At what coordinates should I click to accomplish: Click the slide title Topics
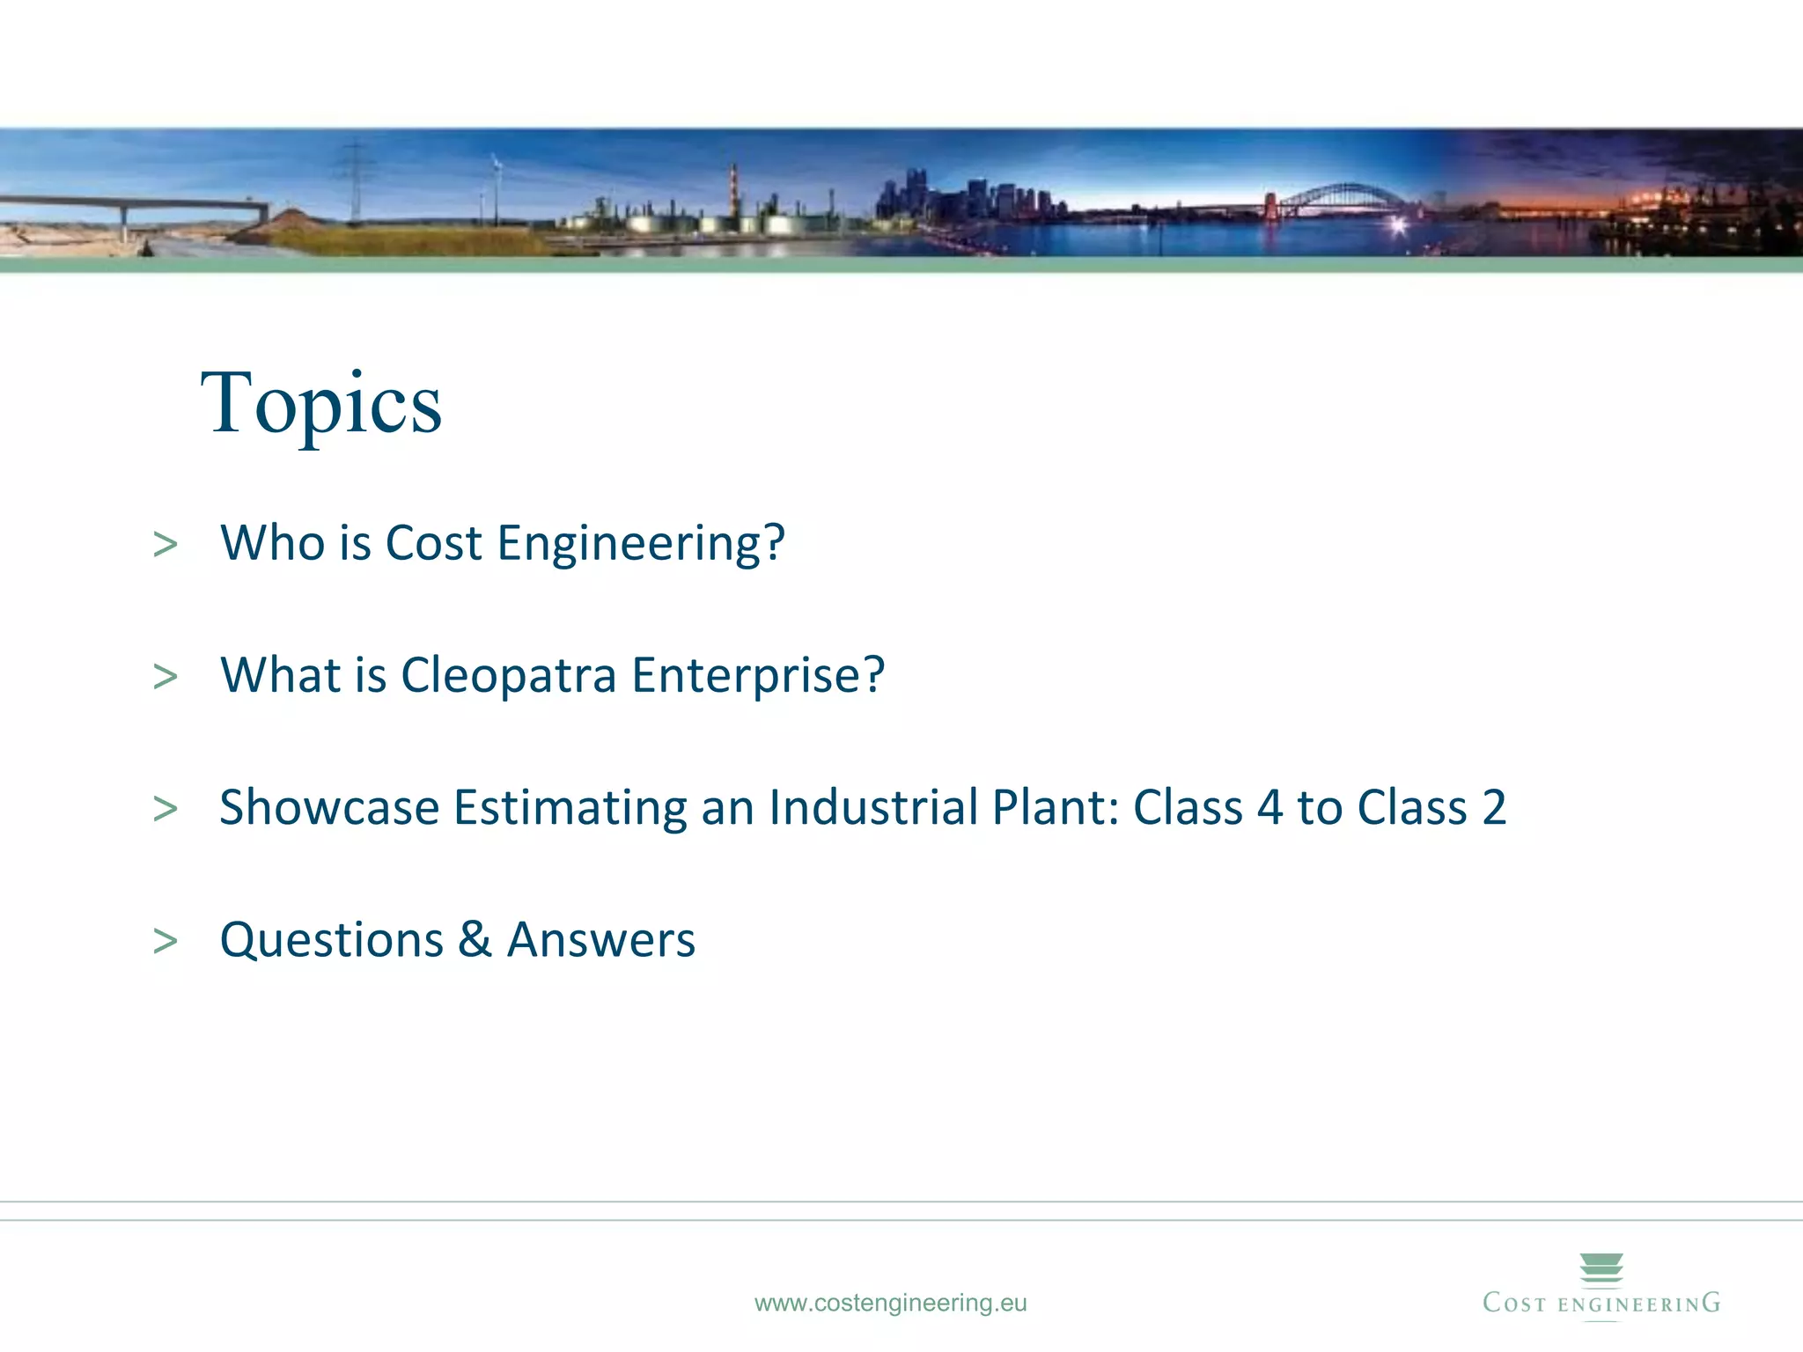321,405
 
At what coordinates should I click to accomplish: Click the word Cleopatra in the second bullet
508,676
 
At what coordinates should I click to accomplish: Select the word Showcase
329,808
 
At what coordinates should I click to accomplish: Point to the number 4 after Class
1269,808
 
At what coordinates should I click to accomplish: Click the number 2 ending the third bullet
1494,808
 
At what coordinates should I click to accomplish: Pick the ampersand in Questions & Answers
475,939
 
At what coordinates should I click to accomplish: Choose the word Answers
601,940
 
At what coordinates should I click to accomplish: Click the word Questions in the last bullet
331,940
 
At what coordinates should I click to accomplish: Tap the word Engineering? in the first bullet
640,544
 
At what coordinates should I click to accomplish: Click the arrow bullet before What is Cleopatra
165,677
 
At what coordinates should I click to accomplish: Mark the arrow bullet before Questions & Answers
165,941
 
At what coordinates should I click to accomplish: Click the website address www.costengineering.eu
890,1303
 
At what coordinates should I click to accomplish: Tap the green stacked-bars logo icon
1601,1270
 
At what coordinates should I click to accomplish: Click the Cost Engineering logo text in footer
1601,1304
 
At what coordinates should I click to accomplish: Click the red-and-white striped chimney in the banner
733,189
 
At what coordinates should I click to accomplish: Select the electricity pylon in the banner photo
355,180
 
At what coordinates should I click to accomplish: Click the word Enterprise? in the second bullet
757,676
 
